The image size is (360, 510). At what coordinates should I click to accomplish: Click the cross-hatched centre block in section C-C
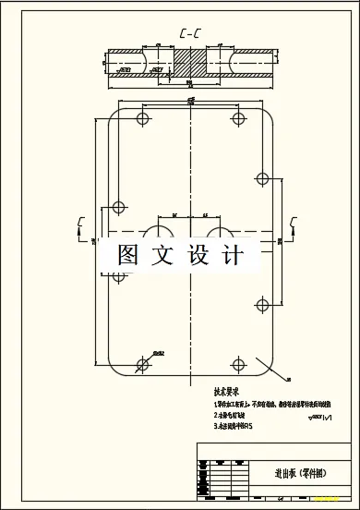(189, 67)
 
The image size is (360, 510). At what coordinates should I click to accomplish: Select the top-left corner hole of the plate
(144, 119)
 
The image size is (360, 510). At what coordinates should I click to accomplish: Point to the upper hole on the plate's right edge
(261, 177)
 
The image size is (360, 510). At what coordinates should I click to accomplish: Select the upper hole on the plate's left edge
(117, 207)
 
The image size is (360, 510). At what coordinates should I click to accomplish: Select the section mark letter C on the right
(294, 221)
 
